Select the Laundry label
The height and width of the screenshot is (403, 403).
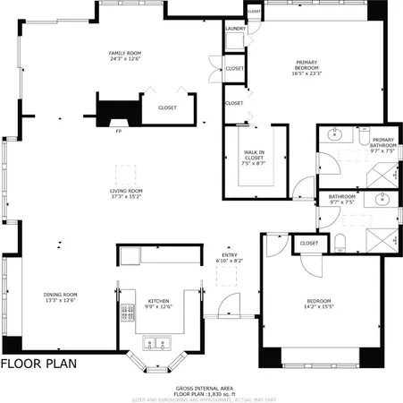tap(235, 29)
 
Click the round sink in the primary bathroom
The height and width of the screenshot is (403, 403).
tap(333, 136)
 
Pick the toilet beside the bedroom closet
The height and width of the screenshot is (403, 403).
tap(340, 239)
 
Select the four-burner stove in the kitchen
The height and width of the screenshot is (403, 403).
tap(122, 313)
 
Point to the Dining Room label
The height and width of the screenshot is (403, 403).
tap(61, 295)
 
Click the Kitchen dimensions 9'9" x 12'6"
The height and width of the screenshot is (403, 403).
tap(157, 307)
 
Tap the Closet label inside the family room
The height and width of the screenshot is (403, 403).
tap(167, 107)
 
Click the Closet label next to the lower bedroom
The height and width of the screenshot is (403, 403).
tap(309, 243)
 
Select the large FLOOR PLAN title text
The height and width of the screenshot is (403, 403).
tap(38, 364)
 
